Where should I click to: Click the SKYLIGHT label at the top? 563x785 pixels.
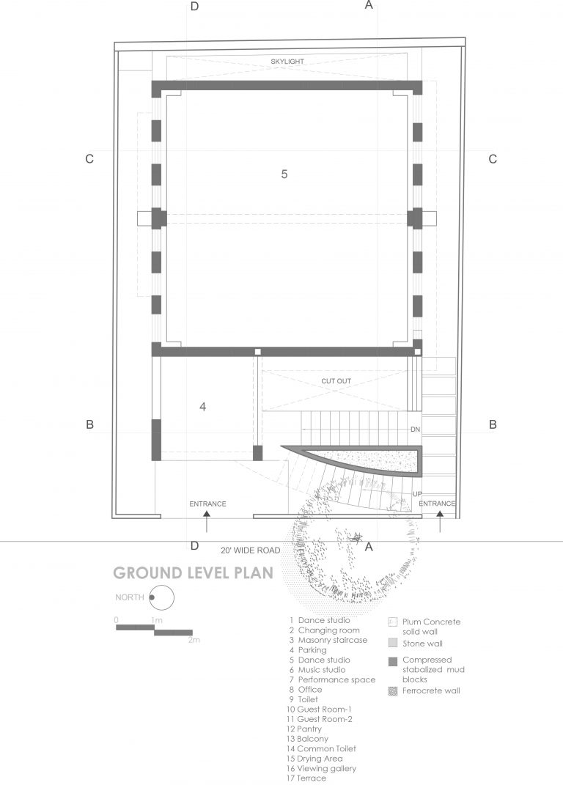point(287,62)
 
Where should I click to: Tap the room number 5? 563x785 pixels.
point(284,174)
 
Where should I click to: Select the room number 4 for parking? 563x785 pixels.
point(202,406)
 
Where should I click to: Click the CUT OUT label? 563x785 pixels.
point(336,382)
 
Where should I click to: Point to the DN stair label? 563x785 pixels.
point(415,430)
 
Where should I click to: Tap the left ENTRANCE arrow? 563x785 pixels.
point(207,523)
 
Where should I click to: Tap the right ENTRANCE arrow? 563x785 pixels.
point(440,522)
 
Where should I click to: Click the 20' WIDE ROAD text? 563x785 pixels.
point(250,549)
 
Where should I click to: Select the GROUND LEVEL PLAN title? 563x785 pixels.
point(192,572)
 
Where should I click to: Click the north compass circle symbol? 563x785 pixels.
point(161,599)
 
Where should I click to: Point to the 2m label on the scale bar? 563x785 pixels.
point(194,640)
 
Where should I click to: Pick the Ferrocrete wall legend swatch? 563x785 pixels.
point(392,690)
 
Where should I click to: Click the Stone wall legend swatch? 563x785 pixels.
point(392,644)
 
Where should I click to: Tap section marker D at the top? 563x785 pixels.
point(194,7)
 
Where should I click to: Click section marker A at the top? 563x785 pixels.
point(369,5)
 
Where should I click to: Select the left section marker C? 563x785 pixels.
point(89,159)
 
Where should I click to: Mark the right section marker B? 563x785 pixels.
point(493,424)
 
